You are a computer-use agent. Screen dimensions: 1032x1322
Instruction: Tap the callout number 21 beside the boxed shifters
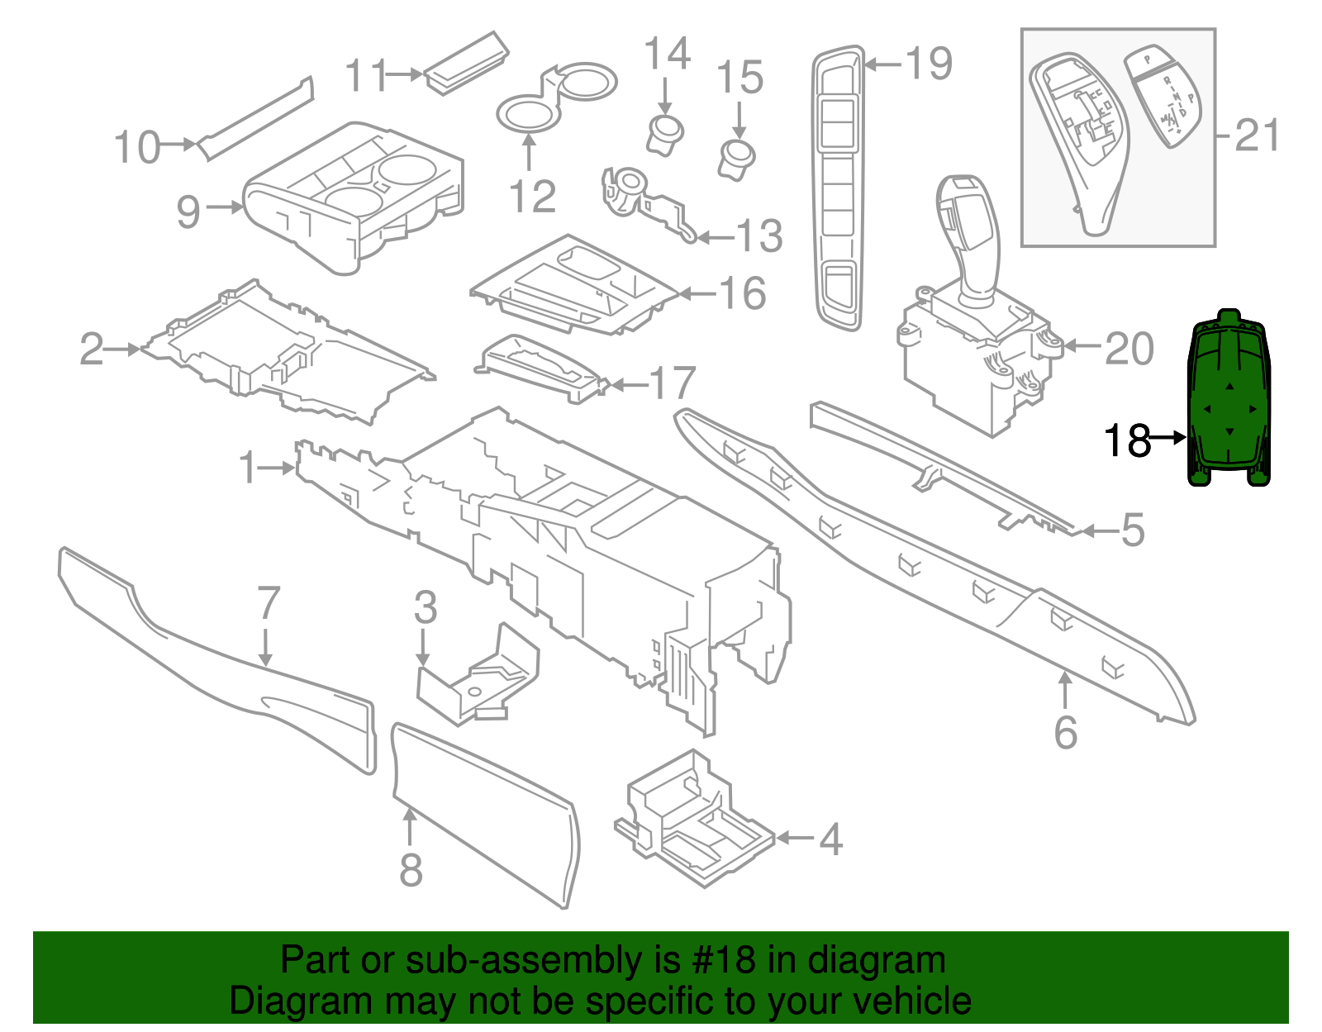point(1258,136)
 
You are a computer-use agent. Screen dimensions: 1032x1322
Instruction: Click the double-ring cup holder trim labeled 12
point(555,97)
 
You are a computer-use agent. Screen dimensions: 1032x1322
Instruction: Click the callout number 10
point(136,148)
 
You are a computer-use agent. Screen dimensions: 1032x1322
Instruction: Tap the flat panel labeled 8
point(483,814)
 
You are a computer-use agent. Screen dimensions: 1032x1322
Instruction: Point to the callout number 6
point(1066,732)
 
